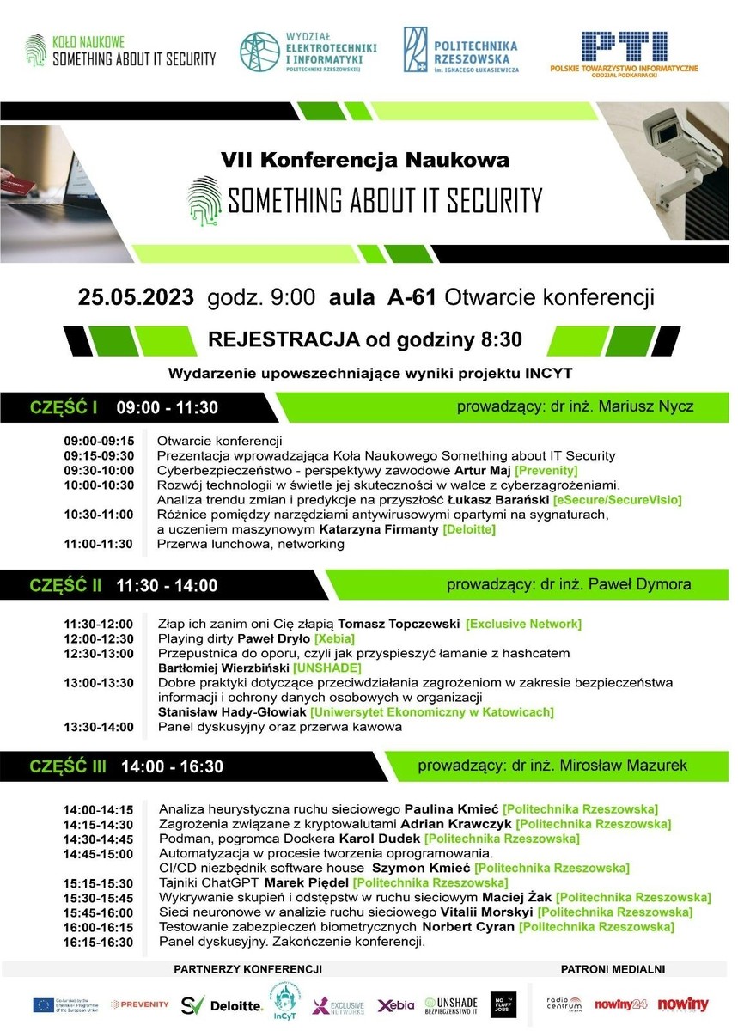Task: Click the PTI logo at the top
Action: coord(624,51)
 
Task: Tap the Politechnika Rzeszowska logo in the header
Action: coord(461,50)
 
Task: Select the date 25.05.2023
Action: coord(137,297)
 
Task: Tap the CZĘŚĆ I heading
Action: coord(64,407)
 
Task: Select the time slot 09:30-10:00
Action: coord(99,471)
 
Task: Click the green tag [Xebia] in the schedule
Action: coord(334,638)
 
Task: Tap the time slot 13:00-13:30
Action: coord(99,683)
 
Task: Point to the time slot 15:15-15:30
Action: coord(99,882)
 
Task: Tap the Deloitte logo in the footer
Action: coord(236,1004)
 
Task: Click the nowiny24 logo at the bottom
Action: coord(620,1004)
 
